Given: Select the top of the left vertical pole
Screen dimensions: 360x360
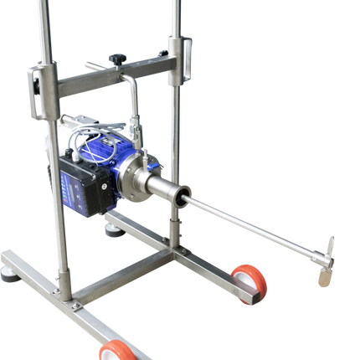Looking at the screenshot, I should click(x=39, y=7).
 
